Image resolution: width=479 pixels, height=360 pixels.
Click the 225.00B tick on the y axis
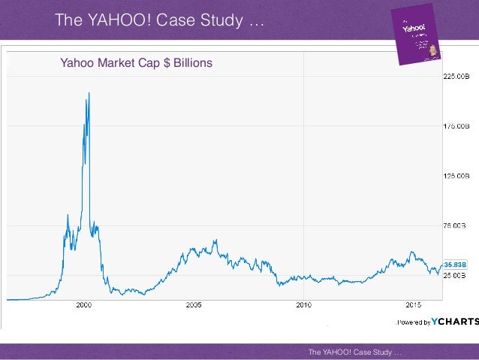click(456, 76)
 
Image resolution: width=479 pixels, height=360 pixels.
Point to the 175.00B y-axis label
click(456, 126)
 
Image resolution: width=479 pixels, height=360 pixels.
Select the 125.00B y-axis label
click(456, 175)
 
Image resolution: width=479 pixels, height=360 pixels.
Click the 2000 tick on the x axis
click(83, 305)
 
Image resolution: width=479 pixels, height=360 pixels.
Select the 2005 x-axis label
click(194, 305)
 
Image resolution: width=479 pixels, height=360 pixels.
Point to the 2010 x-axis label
click(303, 305)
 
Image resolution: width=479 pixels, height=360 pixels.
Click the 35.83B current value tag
click(455, 265)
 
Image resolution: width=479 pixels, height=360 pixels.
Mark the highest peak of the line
click(89, 93)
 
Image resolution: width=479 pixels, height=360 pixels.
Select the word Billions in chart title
click(193, 63)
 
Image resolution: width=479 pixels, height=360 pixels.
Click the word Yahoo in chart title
click(75, 63)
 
